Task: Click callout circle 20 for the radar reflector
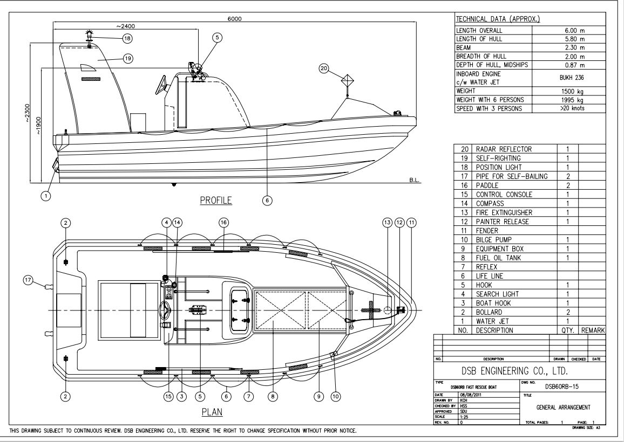[x=324, y=68]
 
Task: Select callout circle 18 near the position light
[x=127, y=38]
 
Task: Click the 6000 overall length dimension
[x=234, y=18]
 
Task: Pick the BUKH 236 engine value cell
[x=568, y=78]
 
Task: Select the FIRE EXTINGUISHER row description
[x=504, y=213]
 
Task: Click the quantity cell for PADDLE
[x=567, y=185]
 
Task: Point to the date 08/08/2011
[x=470, y=395]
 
